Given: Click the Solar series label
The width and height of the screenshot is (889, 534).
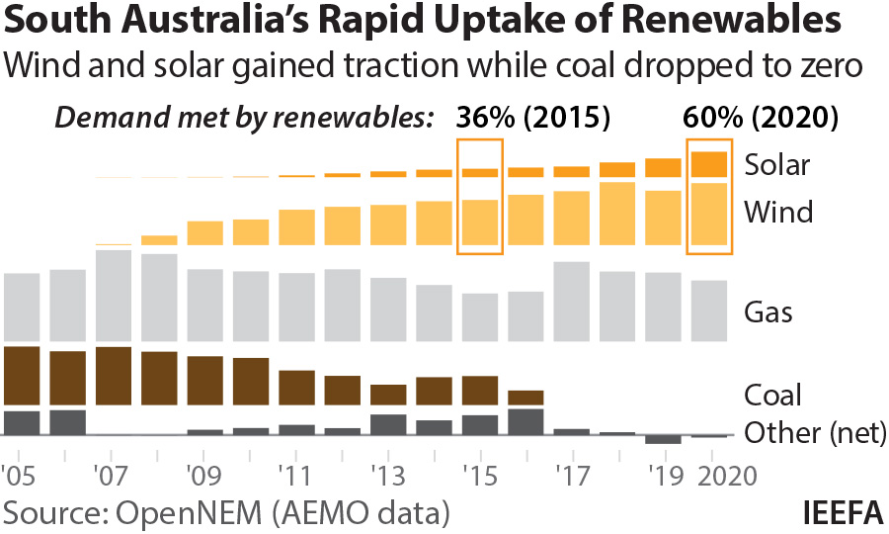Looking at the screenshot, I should (x=777, y=165).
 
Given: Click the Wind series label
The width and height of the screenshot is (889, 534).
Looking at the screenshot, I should (x=777, y=212).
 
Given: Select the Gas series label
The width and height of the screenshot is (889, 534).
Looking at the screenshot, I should (x=768, y=313).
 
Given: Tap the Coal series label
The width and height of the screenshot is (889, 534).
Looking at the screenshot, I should (x=772, y=396).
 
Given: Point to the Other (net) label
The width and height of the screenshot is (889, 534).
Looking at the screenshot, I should (x=815, y=433).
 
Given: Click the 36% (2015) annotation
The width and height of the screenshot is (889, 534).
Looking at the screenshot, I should (x=532, y=119).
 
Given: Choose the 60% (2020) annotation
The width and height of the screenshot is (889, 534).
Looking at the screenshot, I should (x=761, y=119).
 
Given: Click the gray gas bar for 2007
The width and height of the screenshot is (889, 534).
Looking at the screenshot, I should (x=114, y=295).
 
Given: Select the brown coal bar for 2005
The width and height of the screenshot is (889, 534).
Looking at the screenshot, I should (x=22, y=376).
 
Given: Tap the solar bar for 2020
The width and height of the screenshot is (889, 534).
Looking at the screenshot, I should (x=709, y=164).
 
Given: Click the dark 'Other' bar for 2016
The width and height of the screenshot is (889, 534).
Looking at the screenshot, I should (x=525, y=421).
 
